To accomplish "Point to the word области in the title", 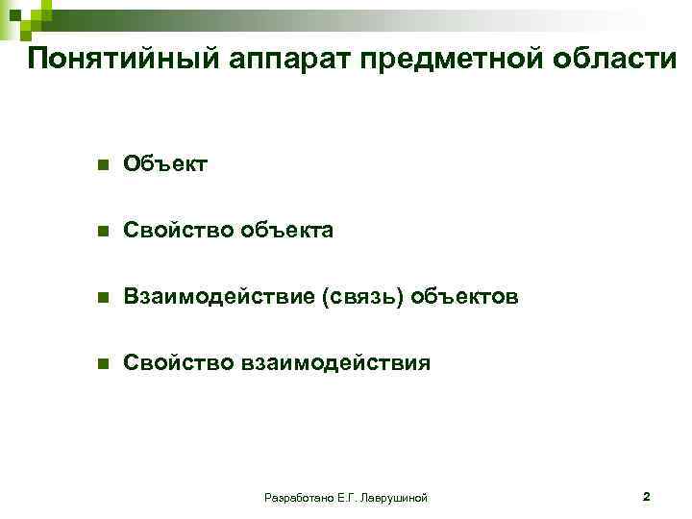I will tap(615, 60).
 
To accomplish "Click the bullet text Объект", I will tap(165, 165).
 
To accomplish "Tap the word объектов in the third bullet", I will tap(465, 298).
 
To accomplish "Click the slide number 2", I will tap(647, 497).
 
